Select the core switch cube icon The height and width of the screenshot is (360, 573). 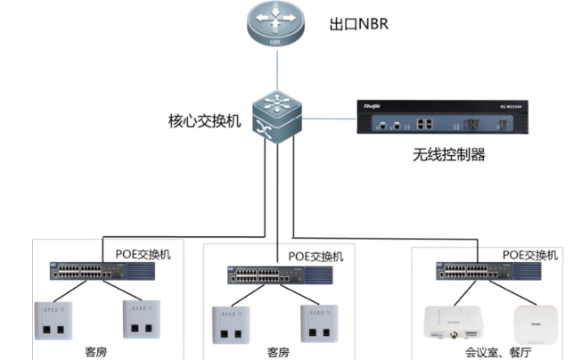coord(277,115)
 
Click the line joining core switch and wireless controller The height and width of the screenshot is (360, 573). coord(326,118)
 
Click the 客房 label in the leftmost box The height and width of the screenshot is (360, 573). coord(96,351)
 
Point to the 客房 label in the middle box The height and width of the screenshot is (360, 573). coord(278,352)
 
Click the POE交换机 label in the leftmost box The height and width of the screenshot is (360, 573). coord(143,253)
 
